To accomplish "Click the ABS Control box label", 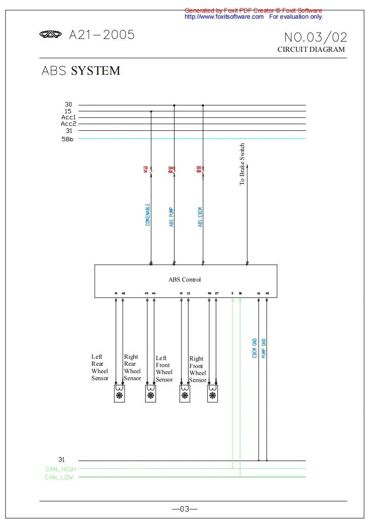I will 184,280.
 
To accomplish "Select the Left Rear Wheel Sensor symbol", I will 119,393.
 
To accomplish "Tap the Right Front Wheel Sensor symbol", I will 213,393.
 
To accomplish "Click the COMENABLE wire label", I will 148,215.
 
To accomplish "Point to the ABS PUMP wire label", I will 171,217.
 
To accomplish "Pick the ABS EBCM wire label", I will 200,217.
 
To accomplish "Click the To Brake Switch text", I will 242,164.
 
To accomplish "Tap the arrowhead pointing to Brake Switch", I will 247,166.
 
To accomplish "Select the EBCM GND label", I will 255,348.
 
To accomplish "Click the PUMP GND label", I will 264,348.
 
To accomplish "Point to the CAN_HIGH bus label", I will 61,469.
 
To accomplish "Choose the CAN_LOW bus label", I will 59,477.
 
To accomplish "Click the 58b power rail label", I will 68,139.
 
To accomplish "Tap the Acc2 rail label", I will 68,124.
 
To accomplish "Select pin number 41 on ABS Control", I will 116,293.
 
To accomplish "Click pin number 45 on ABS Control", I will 267,293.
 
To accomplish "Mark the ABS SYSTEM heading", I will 81,71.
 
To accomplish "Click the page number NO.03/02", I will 315,37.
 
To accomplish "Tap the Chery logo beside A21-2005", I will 50,34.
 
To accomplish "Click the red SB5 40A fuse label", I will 199,170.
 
